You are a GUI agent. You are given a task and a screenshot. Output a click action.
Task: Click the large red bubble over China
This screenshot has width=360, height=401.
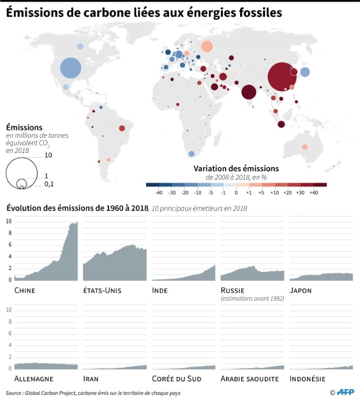pyautogui.click(x=282, y=77)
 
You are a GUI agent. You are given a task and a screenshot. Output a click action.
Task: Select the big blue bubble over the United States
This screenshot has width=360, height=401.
pyautogui.click(x=71, y=68)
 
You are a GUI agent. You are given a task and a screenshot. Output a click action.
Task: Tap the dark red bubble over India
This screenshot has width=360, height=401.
pyautogui.click(x=249, y=93)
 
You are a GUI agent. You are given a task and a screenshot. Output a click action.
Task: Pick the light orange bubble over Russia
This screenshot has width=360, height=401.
pyautogui.click(x=207, y=46)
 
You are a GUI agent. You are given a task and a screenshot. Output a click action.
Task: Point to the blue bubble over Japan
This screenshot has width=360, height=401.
pyautogui.click(x=305, y=73)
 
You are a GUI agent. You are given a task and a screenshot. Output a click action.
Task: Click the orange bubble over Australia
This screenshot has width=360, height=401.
pyautogui.click(x=305, y=146)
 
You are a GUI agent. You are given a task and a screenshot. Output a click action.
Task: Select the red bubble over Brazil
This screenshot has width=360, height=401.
pyautogui.click(x=122, y=128)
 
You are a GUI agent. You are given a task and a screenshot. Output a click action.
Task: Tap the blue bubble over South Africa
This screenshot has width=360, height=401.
pyautogui.click(x=191, y=154)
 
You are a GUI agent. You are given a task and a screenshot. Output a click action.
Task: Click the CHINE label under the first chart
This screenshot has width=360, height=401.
pyautogui.click(x=25, y=290)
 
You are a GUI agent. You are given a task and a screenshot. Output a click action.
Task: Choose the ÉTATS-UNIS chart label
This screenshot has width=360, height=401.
pyautogui.click(x=102, y=290)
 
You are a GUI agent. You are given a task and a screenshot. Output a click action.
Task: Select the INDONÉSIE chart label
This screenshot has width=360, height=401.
pyautogui.click(x=307, y=379)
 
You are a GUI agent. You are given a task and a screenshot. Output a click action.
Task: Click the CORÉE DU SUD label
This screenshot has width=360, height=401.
pyautogui.click(x=176, y=379)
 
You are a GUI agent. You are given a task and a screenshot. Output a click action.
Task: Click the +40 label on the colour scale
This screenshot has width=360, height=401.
pyautogui.click(x=314, y=193)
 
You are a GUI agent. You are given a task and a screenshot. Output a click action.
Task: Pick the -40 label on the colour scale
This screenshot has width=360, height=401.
pyautogui.click(x=159, y=193)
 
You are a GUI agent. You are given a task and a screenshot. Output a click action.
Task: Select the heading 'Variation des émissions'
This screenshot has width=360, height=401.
pyautogui.click(x=236, y=169)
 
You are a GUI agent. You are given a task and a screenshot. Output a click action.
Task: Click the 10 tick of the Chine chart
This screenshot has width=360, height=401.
pyautogui.click(x=8, y=221)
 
